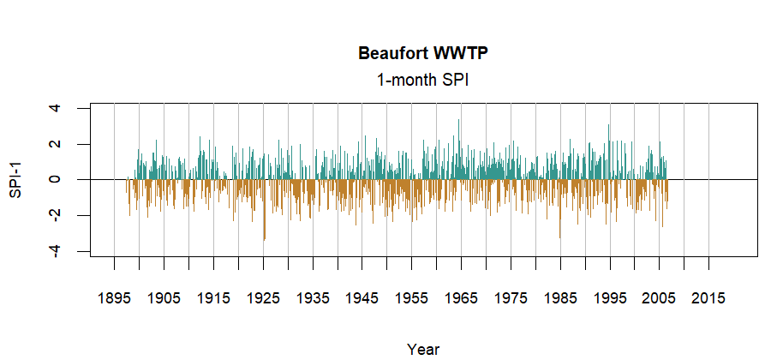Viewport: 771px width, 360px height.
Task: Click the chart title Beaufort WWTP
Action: pyautogui.click(x=423, y=54)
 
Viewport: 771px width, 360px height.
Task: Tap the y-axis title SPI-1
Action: pyautogui.click(x=15, y=179)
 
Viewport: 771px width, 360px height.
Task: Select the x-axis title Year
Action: pyautogui.click(x=423, y=349)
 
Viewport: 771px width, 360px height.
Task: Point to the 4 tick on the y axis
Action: pyautogui.click(x=55, y=108)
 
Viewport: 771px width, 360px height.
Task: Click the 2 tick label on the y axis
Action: pyautogui.click(x=55, y=144)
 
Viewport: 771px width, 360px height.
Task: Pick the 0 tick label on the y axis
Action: pyautogui.click(x=55, y=179)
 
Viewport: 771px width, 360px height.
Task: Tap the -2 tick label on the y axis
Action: pyautogui.click(x=55, y=215)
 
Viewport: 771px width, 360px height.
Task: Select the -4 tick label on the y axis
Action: pyautogui.click(x=55, y=251)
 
